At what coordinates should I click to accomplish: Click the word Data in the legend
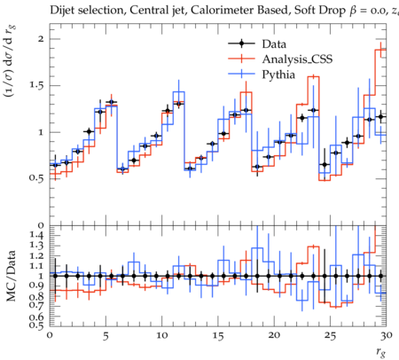pyautogui.click(x=274, y=44)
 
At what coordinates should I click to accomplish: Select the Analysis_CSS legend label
pyautogui.click(x=297, y=59)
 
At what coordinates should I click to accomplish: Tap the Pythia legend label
pyautogui.click(x=278, y=74)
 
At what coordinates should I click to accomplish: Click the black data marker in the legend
pyautogui.click(x=241, y=43)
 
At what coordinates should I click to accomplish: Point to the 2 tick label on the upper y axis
pyautogui.click(x=41, y=39)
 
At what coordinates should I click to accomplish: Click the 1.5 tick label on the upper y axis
pyautogui.click(x=37, y=85)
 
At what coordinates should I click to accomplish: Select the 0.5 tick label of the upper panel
pyautogui.click(x=37, y=178)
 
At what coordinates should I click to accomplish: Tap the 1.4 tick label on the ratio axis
pyautogui.click(x=37, y=235)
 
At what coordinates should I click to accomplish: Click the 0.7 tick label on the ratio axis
pyautogui.click(x=37, y=306)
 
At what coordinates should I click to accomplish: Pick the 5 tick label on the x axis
pyautogui.click(x=106, y=336)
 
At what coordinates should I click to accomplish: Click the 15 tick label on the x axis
pyautogui.click(x=218, y=336)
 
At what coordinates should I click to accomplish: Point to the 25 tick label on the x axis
pyautogui.click(x=330, y=336)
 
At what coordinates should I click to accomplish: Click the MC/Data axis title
pyautogui.click(x=11, y=276)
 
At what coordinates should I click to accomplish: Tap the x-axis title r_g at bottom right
pyautogui.click(x=380, y=352)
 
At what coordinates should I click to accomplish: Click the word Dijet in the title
pyautogui.click(x=60, y=11)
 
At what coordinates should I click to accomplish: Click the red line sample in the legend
pyautogui.click(x=241, y=59)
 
